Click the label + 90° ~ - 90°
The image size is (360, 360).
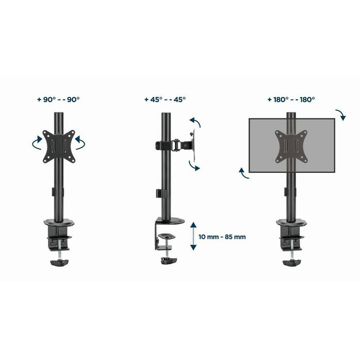[59, 100]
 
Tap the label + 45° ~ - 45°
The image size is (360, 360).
[165, 100]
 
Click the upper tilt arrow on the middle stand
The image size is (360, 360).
[195, 124]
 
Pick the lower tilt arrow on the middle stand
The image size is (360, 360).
[194, 165]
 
